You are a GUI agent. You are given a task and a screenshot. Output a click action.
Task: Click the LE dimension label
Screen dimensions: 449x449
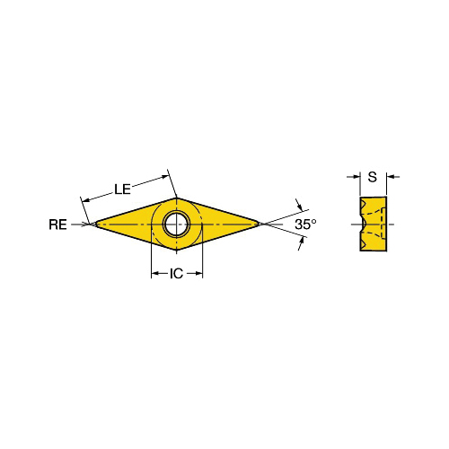[122, 189]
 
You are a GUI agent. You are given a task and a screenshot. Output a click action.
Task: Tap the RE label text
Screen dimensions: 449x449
[57, 224]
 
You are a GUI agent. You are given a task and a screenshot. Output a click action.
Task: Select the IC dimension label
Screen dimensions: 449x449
[176, 273]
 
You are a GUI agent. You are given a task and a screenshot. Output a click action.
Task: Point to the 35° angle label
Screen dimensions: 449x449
[305, 224]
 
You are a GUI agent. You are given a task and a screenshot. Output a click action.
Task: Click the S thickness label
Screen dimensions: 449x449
[373, 177]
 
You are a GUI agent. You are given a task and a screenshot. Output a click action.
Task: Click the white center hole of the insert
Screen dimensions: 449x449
[176, 224]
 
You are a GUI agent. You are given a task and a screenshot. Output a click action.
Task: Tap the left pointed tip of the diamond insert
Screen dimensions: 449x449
[95, 224]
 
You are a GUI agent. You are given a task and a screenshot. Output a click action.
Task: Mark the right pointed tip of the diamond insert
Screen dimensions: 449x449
[260, 224]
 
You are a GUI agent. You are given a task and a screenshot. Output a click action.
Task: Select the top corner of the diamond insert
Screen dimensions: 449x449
[176, 198]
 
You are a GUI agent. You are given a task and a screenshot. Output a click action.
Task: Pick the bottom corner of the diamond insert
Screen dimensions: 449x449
[177, 251]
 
